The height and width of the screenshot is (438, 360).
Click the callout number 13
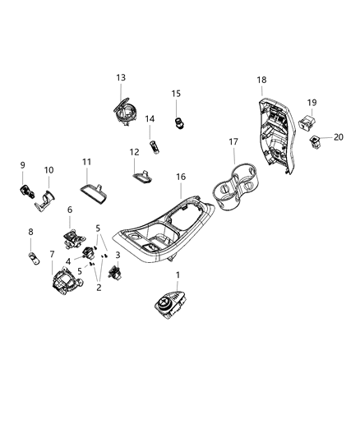click(121, 77)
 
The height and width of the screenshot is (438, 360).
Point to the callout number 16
click(180, 177)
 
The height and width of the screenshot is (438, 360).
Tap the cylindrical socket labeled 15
click(177, 122)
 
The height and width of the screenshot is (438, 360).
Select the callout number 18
click(261, 80)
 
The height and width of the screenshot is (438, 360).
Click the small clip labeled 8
click(34, 260)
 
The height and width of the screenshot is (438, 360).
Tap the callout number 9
click(22, 165)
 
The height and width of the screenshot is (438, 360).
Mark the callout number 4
click(68, 261)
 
